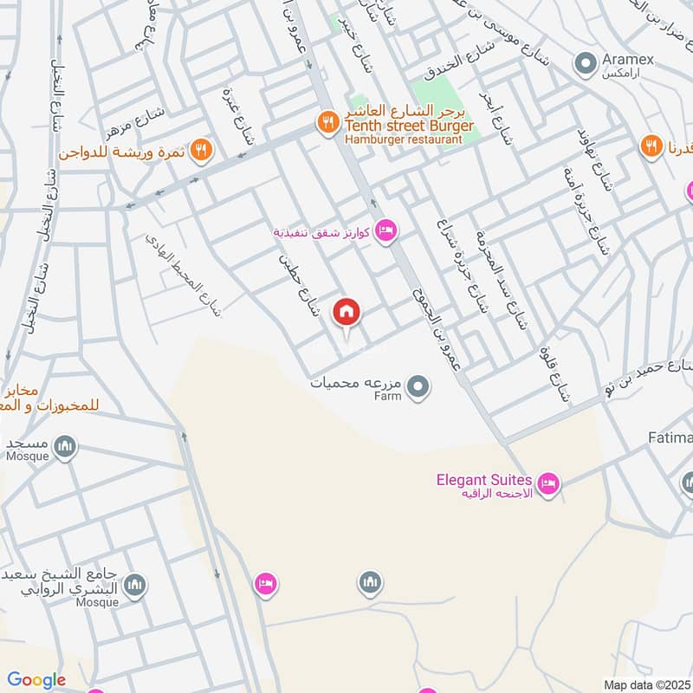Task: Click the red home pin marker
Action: click(346, 313)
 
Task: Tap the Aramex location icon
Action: click(586, 62)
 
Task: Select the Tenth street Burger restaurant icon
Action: click(327, 122)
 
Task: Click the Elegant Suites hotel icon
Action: click(547, 484)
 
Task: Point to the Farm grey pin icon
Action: click(418, 387)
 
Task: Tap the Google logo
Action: click(36, 680)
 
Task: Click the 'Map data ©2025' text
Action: click(646, 684)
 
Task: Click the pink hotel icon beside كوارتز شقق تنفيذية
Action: click(386, 230)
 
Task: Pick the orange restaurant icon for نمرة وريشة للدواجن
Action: click(201, 151)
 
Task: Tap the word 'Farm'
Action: click(388, 396)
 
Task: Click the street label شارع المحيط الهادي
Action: click(184, 272)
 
